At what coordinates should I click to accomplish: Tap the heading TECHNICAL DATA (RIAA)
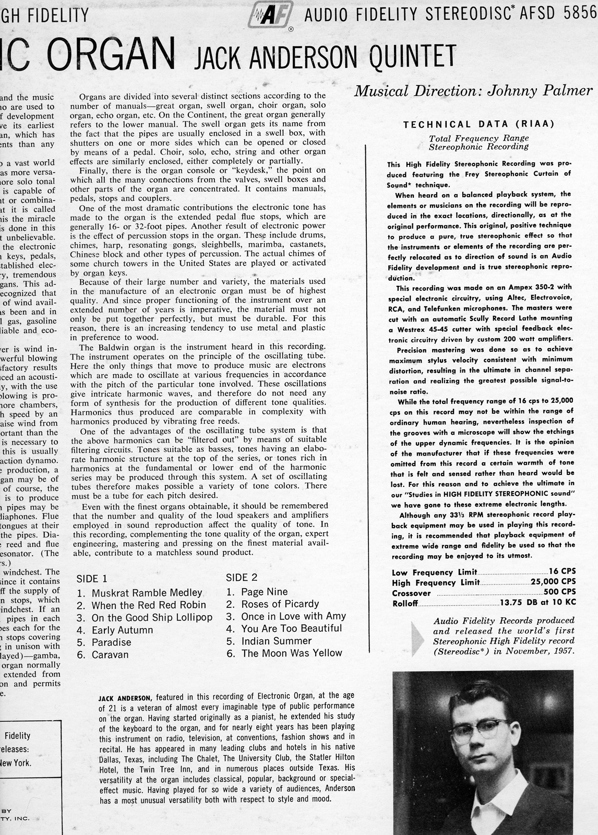tap(479, 124)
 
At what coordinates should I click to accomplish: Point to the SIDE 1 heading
tap(92, 578)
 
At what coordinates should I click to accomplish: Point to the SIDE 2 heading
tap(242, 577)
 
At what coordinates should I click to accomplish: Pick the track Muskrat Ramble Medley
tap(147, 593)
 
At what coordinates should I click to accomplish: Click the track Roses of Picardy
tap(280, 604)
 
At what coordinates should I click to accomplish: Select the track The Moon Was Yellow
tap(292, 653)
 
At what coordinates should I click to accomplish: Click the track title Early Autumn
tap(122, 630)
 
